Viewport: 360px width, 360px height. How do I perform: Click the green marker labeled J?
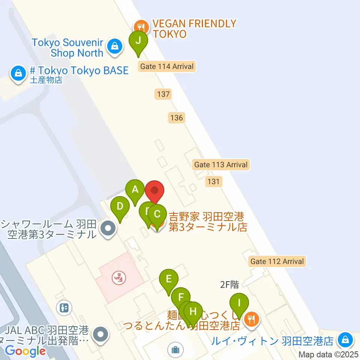coord(138,40)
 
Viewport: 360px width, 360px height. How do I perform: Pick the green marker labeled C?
coord(157,214)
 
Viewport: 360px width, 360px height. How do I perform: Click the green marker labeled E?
coord(169,279)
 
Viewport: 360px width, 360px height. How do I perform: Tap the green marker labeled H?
coord(193,312)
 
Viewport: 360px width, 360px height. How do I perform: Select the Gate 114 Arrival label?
coord(167,67)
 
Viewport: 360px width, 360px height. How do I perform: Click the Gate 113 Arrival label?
coord(221,165)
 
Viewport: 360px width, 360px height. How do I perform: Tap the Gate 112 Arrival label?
coord(277,261)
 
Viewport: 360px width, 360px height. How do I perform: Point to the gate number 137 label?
coord(163,94)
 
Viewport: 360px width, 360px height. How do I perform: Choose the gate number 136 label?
coord(176,118)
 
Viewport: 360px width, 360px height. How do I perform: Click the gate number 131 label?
coord(213,182)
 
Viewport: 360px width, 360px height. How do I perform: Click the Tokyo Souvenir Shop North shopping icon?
coord(113,46)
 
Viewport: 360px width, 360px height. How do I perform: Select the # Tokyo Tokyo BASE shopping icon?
coord(18,72)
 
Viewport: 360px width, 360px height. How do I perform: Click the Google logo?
coord(25,351)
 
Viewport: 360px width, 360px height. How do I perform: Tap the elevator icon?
coord(64,308)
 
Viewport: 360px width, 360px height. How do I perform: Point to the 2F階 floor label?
coord(229,285)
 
